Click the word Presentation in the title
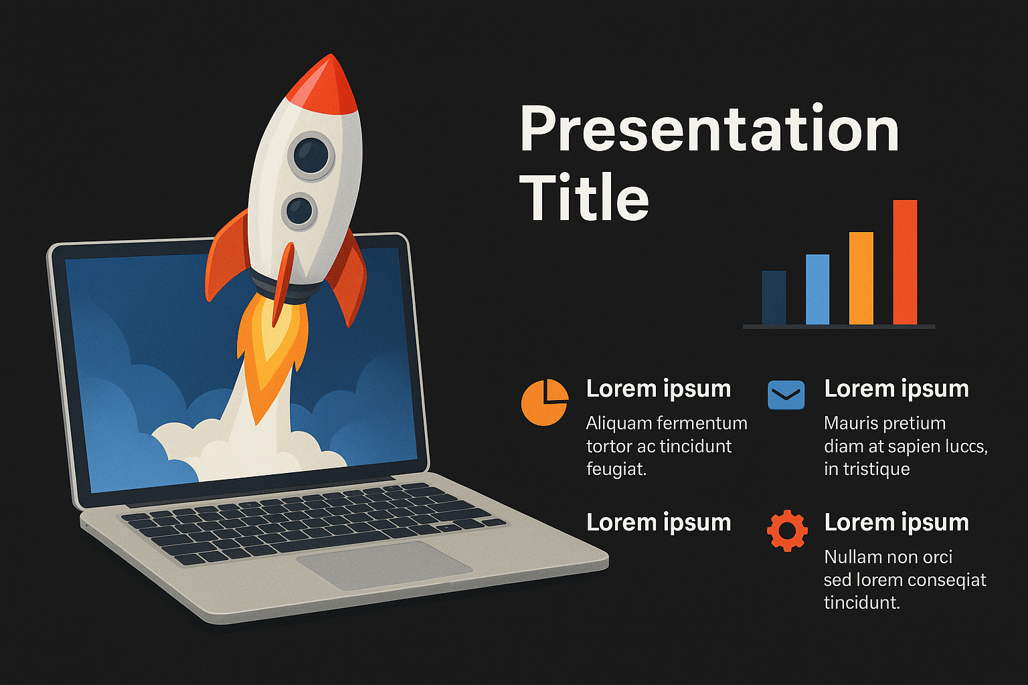click(709, 129)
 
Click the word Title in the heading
click(584, 197)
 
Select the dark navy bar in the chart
click(774, 297)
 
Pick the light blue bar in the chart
click(817, 289)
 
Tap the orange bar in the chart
click(861, 278)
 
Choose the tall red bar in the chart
click(905, 262)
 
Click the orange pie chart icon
click(544, 403)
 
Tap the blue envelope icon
click(786, 395)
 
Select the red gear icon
click(787, 530)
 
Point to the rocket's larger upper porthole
click(311, 156)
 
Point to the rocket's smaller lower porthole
click(299, 211)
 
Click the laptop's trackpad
click(384, 565)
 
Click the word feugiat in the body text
click(616, 470)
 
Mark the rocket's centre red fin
click(282, 284)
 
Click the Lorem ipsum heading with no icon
click(659, 522)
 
